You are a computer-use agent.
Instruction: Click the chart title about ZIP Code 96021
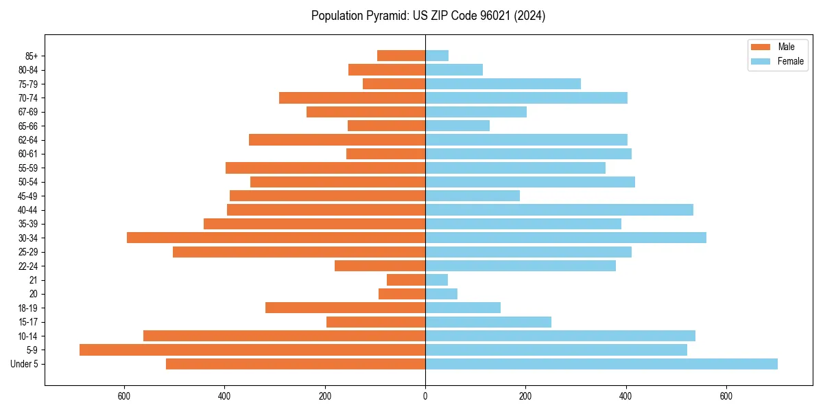(x=428, y=16)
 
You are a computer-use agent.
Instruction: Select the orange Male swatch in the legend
(x=761, y=47)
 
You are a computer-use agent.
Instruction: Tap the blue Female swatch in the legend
(x=761, y=61)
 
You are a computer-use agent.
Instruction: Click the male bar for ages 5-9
(x=252, y=350)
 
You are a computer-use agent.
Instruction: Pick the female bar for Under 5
(x=601, y=364)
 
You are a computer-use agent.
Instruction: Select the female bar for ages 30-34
(x=566, y=238)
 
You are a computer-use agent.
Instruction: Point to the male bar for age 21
(x=406, y=280)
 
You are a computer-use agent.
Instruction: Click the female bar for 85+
(x=437, y=56)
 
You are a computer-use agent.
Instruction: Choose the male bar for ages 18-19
(x=345, y=308)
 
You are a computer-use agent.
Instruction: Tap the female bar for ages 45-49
(x=473, y=196)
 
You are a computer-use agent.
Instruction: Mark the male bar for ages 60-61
(x=385, y=154)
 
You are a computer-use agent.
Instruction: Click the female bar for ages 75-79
(x=503, y=84)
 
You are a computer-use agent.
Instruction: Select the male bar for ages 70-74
(x=352, y=98)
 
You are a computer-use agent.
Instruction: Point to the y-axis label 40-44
(x=28, y=210)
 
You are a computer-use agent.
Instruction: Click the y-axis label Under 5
(x=25, y=364)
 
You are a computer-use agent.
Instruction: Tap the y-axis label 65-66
(x=28, y=126)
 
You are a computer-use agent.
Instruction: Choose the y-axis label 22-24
(x=28, y=266)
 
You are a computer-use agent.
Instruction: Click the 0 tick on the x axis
(x=425, y=396)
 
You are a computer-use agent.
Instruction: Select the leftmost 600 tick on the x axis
(x=124, y=396)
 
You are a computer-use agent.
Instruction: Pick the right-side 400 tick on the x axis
(x=625, y=396)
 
